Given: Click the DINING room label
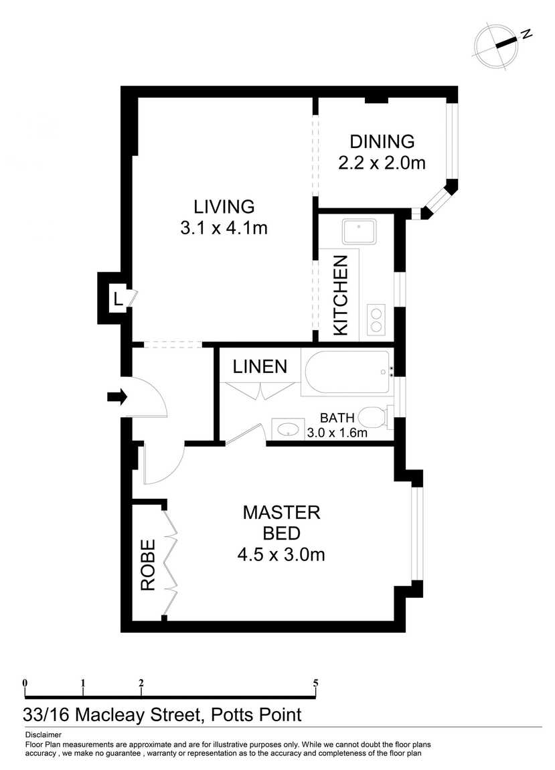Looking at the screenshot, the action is point(382,141).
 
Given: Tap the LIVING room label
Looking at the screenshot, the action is point(224,207).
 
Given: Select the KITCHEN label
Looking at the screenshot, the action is point(340,295).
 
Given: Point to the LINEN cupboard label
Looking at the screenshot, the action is point(260,366).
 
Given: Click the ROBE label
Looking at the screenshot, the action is point(148,564).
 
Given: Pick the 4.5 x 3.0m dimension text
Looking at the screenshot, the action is point(281,555).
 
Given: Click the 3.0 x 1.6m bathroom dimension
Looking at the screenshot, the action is point(337,433).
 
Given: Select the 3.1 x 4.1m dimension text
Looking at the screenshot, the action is point(224,228).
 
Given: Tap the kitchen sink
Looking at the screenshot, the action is point(360,232).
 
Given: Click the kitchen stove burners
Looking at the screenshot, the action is point(376,319).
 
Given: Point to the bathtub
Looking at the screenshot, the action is point(347,373).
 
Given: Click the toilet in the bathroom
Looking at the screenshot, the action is point(376,417).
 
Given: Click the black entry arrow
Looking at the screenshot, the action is point(117,396).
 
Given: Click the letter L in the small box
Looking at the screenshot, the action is point(117,298).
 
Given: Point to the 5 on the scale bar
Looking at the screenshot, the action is point(315,683).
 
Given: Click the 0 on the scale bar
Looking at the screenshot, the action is point(25,683).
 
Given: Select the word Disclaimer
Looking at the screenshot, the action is point(44,735).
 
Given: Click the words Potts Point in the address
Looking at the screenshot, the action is point(256,714).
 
